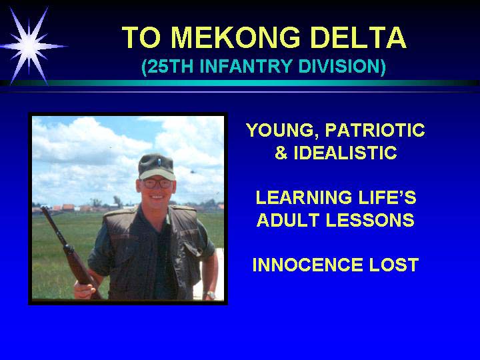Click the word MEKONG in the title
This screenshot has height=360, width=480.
pos(235,37)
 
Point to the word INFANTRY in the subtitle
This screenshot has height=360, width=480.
pos(247,66)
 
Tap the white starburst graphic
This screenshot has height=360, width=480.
pos(29,46)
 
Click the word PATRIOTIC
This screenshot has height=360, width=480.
pos(375,130)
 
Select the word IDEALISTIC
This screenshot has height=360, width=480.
pos(345,153)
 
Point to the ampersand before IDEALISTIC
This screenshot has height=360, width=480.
pos(281,153)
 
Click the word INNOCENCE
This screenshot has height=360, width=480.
pos(307,265)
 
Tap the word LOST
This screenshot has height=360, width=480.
pos(394,265)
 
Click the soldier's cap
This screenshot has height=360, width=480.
pos(156,166)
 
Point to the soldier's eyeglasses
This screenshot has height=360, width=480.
pos(157,183)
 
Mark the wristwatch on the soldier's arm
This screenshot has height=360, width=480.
pos(211,295)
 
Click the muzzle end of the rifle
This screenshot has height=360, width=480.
pos(44,209)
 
